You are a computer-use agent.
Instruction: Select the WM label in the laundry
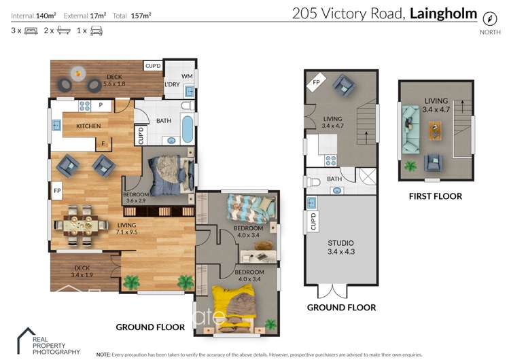click(x=187, y=76)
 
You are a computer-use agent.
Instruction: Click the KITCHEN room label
click(x=88, y=126)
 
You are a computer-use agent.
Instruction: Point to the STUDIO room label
click(x=340, y=242)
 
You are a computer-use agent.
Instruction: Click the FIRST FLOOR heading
click(x=435, y=196)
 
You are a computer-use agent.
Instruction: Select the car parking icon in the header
click(x=97, y=31)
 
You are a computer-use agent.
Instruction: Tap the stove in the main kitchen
click(x=85, y=105)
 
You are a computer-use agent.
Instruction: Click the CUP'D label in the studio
click(x=313, y=221)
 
